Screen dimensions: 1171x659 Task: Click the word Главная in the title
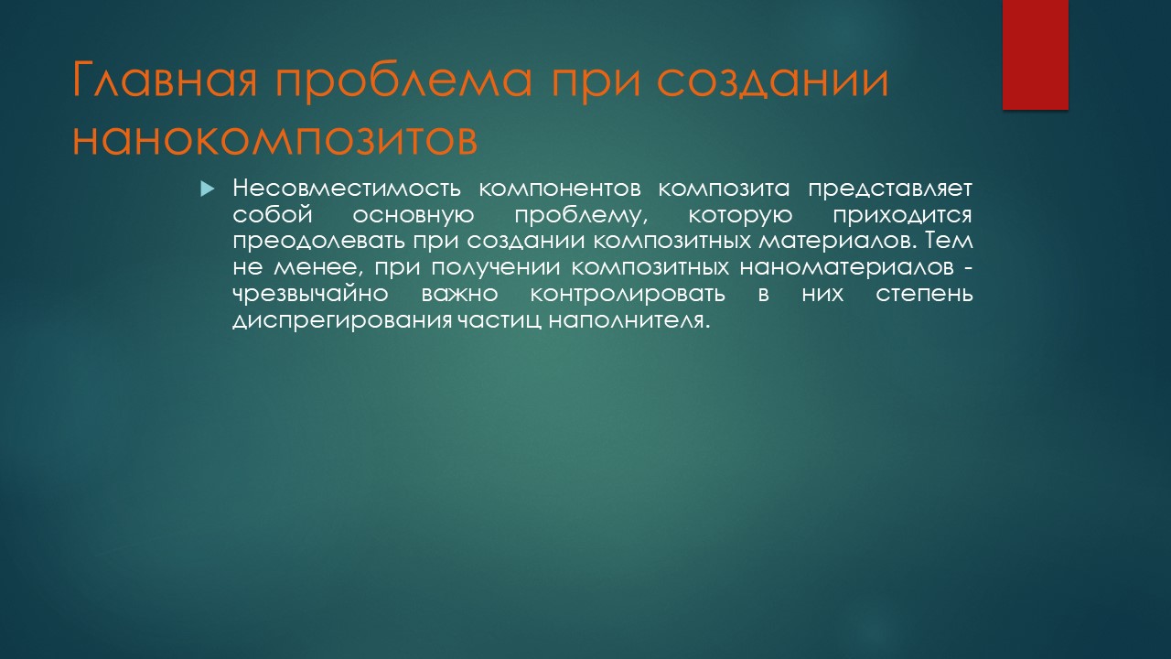[x=165, y=80]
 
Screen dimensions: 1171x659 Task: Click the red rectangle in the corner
[x=1035, y=55]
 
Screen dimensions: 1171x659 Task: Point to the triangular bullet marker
[x=208, y=189]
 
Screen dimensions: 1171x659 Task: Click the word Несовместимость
[x=347, y=189]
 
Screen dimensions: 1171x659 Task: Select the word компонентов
[x=560, y=189]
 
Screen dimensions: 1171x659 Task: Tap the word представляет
[x=890, y=189]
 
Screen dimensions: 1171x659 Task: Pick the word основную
[x=414, y=215]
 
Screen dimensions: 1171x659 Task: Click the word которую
[x=740, y=215]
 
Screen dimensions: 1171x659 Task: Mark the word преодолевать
[x=318, y=241]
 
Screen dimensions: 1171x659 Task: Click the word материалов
[x=839, y=242]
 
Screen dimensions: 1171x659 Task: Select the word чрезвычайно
[x=310, y=294]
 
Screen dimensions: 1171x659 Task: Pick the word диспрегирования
[x=342, y=320]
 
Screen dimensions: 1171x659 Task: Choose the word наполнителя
[x=629, y=320]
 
